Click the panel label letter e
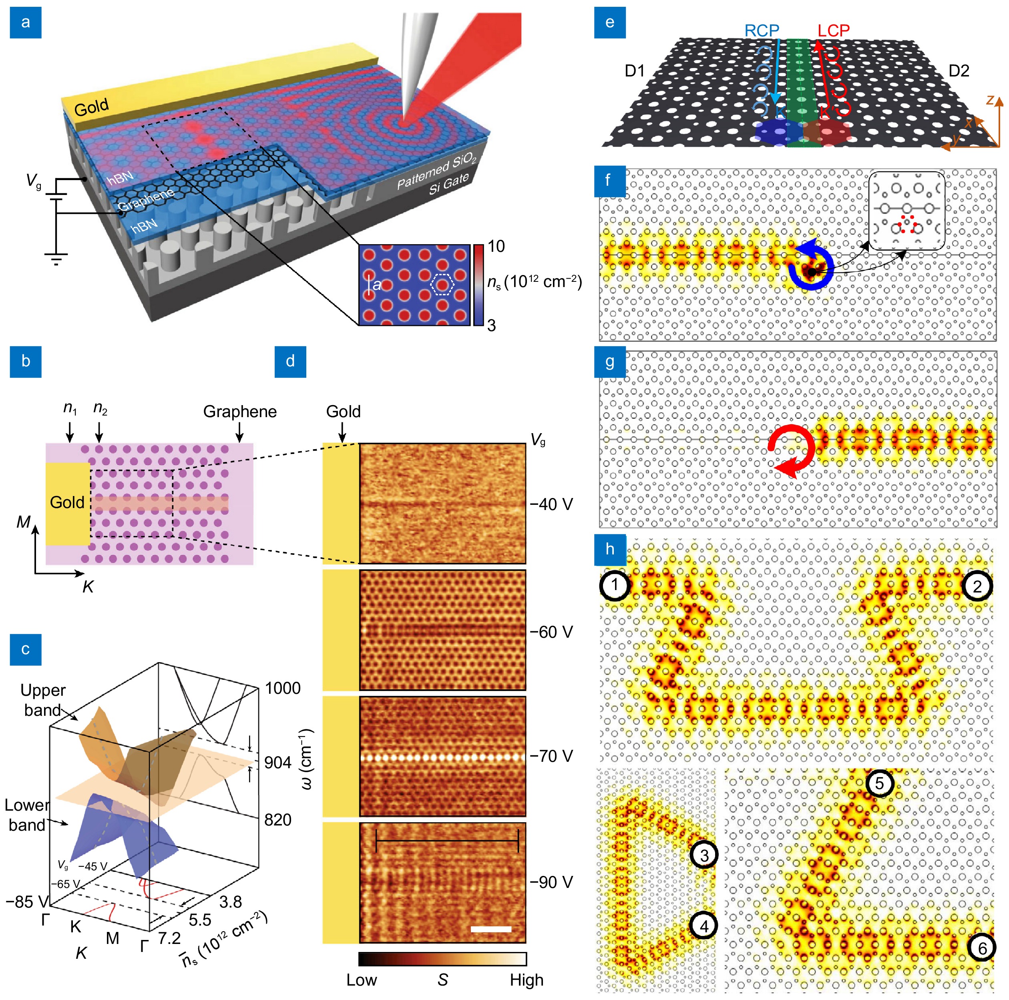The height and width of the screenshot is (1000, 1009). pos(609,22)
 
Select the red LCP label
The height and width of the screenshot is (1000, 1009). pos(834,30)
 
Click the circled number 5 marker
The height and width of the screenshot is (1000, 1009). pos(880,783)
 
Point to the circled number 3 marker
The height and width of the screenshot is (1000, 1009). pos(704,855)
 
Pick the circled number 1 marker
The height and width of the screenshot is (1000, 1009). pos(615,585)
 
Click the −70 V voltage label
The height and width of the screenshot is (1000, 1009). pos(551,756)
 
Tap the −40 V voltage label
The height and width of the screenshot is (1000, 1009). pos(551,504)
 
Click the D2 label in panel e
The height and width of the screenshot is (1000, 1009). pos(958,70)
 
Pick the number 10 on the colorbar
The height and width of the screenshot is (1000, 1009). pos(496,247)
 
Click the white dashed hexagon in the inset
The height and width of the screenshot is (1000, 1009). pos(442,285)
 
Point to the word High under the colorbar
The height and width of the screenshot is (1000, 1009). pos(527,980)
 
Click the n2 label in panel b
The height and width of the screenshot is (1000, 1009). pos(100,408)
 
